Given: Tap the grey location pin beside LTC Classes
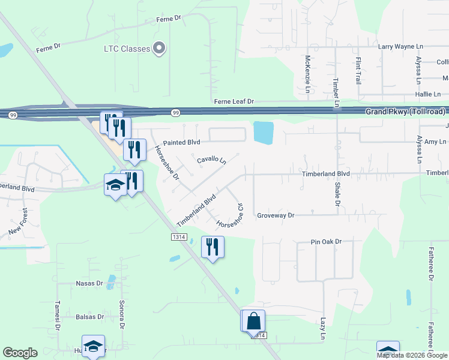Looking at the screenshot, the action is point(159,48).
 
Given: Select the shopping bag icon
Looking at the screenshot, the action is point(254,320).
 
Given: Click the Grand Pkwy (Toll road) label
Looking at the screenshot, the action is point(406,112).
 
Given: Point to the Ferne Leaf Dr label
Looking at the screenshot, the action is point(235,103).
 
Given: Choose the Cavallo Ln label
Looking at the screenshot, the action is point(212,161).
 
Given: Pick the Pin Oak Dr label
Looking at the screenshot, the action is point(326,242).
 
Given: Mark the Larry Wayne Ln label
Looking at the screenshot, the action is point(401,46).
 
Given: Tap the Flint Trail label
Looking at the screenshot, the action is point(358,70).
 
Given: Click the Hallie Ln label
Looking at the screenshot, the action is point(428,94).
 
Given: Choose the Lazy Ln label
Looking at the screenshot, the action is point(322,329).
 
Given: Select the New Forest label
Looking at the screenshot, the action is point(17,221).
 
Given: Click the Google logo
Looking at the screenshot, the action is point(20,353).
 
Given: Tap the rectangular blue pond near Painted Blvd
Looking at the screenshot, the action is point(263,133).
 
